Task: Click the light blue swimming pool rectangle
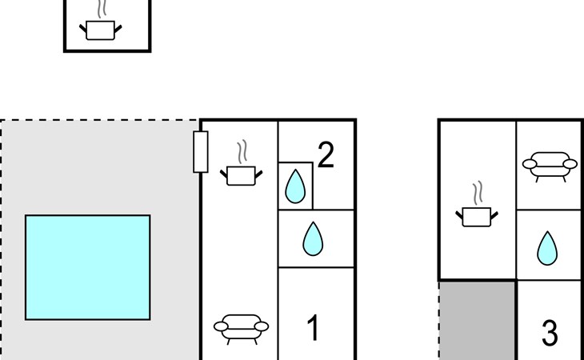(x=88, y=267)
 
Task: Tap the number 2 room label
(x=326, y=155)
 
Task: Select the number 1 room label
(x=313, y=328)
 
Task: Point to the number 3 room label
(x=550, y=333)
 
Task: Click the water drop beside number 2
(x=295, y=186)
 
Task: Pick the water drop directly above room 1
(x=313, y=238)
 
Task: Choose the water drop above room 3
(x=547, y=248)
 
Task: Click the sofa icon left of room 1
(x=241, y=329)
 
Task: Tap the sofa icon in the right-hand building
(x=550, y=166)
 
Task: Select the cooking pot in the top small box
(x=100, y=30)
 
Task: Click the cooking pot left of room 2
(x=241, y=176)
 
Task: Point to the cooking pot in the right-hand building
(x=477, y=217)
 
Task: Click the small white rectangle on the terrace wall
(x=201, y=152)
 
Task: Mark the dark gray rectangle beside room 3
(x=478, y=321)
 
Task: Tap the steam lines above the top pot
(x=102, y=9)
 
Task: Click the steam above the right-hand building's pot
(x=478, y=193)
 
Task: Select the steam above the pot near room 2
(x=242, y=151)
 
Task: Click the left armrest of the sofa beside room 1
(x=221, y=326)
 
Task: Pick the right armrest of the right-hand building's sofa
(x=570, y=164)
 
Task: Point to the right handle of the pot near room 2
(x=258, y=174)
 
